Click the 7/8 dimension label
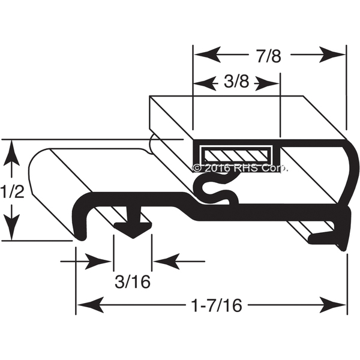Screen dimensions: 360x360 (269, 56)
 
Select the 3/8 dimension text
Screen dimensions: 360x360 (236, 82)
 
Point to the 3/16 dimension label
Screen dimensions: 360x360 (133, 282)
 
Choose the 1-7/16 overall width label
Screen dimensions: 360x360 (217, 305)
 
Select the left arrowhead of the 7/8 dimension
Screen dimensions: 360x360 (208, 55)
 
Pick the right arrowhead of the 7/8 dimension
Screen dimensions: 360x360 (332, 55)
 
